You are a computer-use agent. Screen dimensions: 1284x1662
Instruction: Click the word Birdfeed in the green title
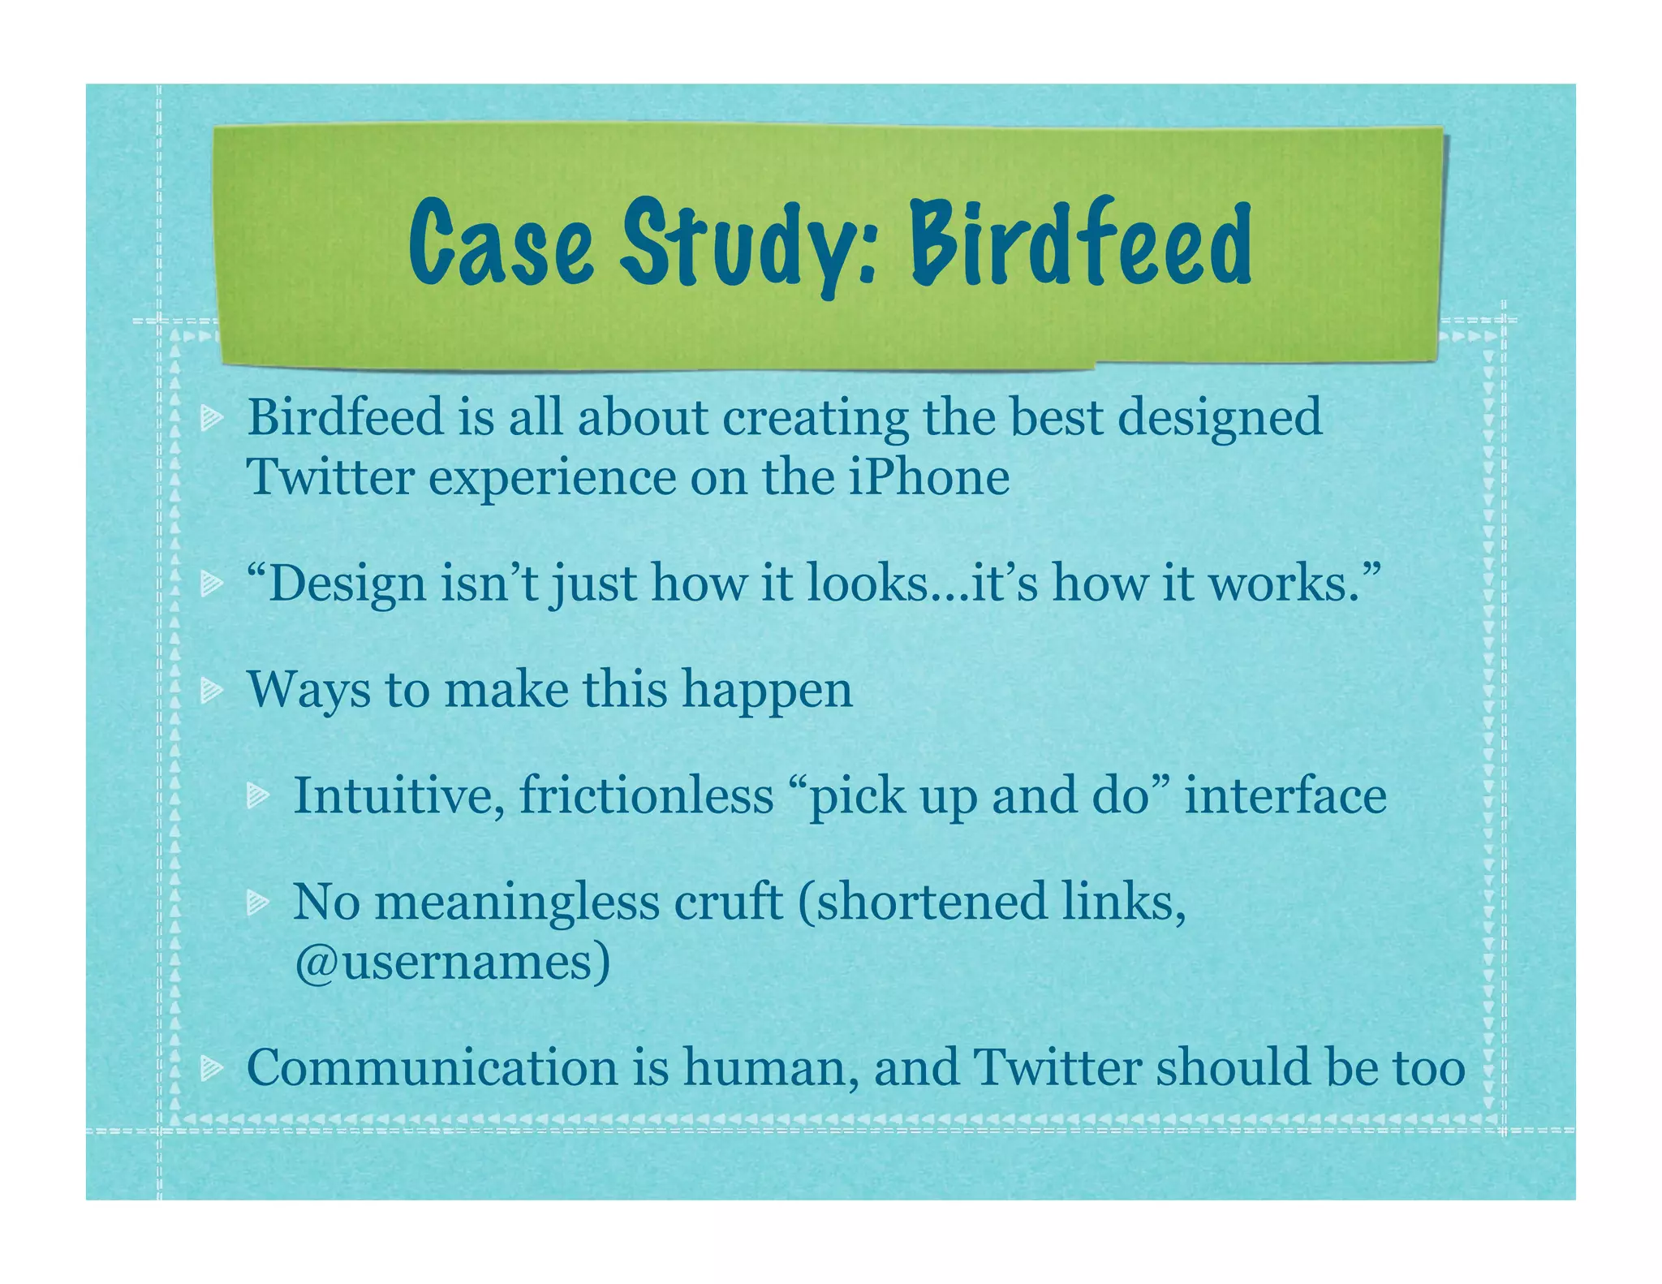[1080, 243]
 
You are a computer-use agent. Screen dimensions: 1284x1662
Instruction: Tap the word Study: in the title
[747, 243]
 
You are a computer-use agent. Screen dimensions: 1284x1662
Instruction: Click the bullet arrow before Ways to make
[212, 691]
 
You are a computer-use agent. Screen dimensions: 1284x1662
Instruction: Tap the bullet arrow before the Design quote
[212, 583]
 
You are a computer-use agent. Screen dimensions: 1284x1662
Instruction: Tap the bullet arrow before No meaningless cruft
[258, 902]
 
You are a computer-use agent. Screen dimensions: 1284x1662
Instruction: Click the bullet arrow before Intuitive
[258, 796]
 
